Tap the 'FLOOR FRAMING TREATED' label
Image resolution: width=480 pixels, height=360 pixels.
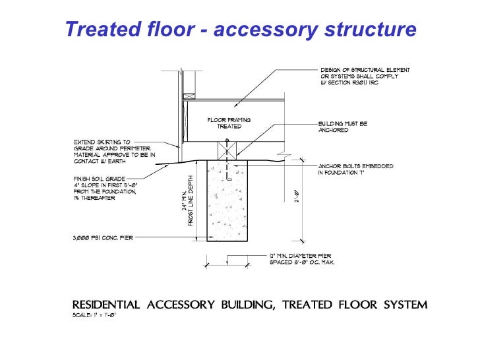[229, 123]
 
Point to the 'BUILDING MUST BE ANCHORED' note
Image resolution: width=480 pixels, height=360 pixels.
[342, 127]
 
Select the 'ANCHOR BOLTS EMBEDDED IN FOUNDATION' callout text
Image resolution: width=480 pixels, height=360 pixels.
[355, 169]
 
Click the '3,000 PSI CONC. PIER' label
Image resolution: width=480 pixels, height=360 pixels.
[104, 238]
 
